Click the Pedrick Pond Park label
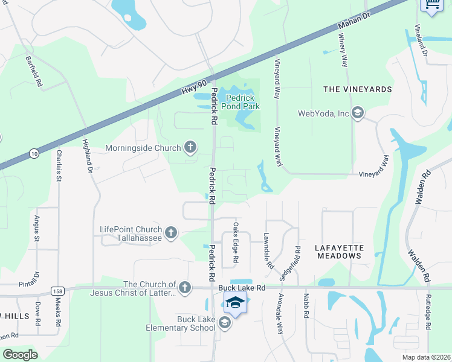[x=242, y=101]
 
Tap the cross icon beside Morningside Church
[x=190, y=147]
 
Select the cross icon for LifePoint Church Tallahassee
[x=171, y=232]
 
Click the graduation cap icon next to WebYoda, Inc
[x=358, y=113]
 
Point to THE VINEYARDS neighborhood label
[x=358, y=89]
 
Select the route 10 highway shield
[x=33, y=153]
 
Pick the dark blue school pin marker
[x=236, y=302]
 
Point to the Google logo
[x=20, y=354]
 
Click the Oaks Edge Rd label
[x=236, y=243]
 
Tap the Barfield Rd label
[x=33, y=72]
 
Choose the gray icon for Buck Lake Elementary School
[x=225, y=323]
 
